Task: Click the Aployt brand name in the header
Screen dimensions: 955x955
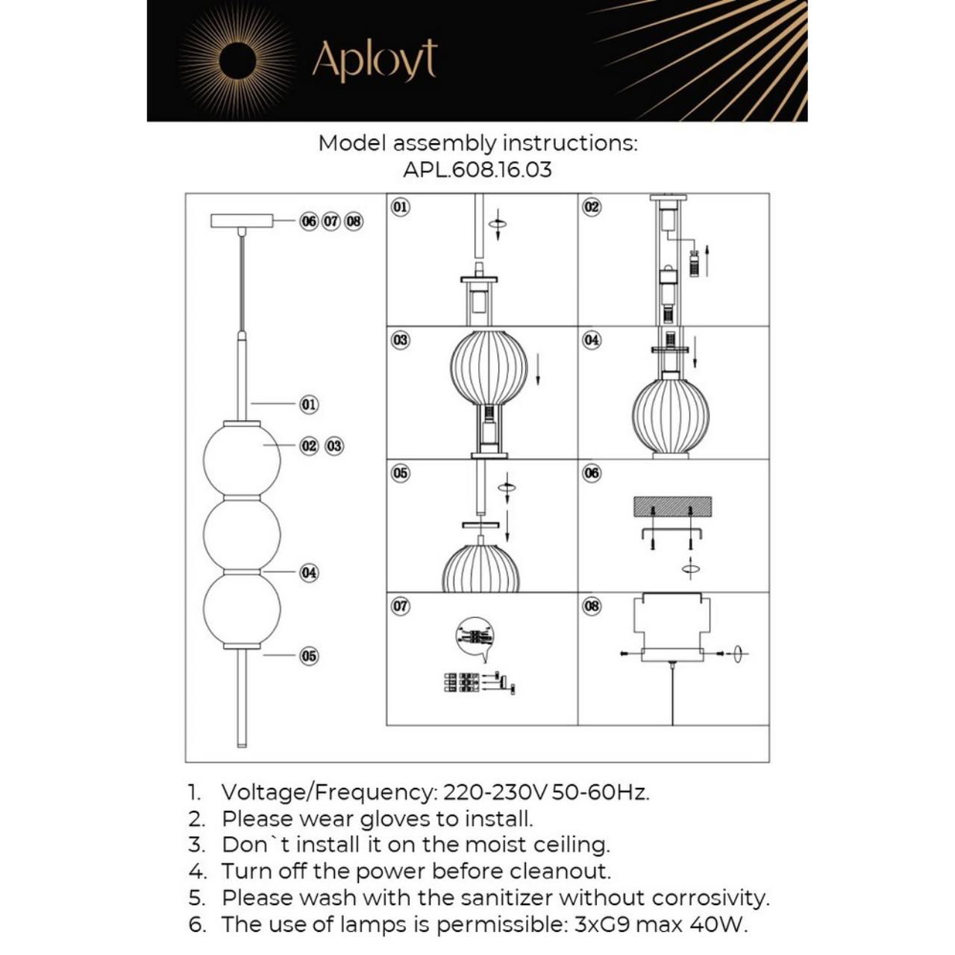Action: point(374,61)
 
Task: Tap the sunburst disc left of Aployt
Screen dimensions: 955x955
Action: point(237,61)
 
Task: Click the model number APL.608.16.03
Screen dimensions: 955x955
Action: point(477,169)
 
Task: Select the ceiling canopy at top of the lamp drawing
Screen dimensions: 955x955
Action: point(242,221)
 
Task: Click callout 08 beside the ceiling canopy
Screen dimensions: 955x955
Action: point(354,222)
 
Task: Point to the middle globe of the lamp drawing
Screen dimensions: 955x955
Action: point(242,533)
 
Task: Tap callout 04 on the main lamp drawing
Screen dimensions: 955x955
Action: point(309,573)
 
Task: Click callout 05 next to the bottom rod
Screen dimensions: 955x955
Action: point(309,657)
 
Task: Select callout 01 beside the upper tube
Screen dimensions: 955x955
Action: point(309,404)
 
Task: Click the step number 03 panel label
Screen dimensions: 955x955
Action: point(401,340)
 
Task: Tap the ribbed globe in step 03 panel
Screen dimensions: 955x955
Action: point(488,368)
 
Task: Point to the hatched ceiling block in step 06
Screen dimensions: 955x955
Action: point(672,506)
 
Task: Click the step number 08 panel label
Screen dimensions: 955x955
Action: point(592,606)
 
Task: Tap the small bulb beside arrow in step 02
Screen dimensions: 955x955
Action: point(694,263)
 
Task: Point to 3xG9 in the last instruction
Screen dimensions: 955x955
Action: point(603,924)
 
